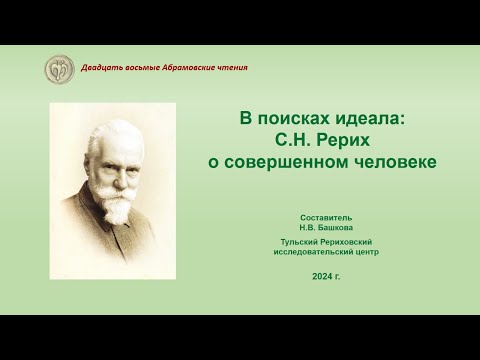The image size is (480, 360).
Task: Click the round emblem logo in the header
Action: coord(59,70)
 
